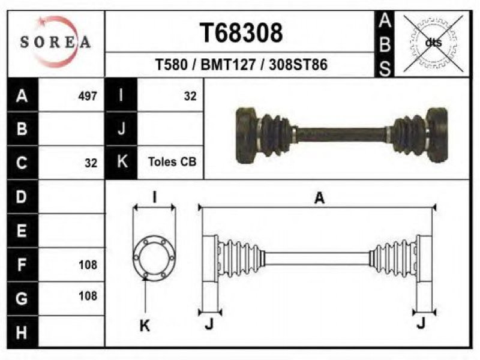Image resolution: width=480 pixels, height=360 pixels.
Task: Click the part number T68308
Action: pyautogui.click(x=241, y=33)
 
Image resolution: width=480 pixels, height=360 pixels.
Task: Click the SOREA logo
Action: pyautogui.click(x=55, y=42)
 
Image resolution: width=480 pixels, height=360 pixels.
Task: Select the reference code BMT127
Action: pyautogui.click(x=228, y=65)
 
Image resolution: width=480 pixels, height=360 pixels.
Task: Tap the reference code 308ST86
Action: pyautogui.click(x=298, y=65)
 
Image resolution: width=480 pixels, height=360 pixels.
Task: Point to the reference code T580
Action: pyautogui.click(x=172, y=65)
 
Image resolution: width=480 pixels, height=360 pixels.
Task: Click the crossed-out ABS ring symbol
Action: pyautogui.click(x=433, y=43)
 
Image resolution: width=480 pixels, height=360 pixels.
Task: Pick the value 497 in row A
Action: pyautogui.click(x=88, y=96)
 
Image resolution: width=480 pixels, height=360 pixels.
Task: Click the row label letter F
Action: pyautogui.click(x=22, y=265)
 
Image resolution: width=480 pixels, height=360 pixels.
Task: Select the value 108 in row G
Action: pyautogui.click(x=88, y=296)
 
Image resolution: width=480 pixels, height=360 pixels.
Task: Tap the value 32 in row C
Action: pyautogui.click(x=91, y=163)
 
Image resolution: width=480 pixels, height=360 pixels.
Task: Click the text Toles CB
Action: pyautogui.click(x=172, y=161)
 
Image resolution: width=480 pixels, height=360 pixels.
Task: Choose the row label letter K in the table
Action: pyautogui.click(x=122, y=161)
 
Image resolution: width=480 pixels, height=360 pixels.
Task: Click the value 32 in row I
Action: pyautogui.click(x=190, y=96)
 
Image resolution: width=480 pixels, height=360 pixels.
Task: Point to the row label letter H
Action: pyautogui.click(x=22, y=332)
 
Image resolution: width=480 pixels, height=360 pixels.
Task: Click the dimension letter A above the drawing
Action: pyautogui.click(x=319, y=198)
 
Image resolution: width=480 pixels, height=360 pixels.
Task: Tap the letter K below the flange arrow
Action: pyautogui.click(x=145, y=325)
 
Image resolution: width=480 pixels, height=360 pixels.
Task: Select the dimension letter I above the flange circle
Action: pyautogui.click(x=155, y=197)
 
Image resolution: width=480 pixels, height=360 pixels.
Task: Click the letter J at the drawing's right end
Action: pyautogui.click(x=421, y=323)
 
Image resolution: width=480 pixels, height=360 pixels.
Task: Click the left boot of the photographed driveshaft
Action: pyautogui.click(x=274, y=135)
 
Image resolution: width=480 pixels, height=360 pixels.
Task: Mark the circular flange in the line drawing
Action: pyautogui.click(x=154, y=257)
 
